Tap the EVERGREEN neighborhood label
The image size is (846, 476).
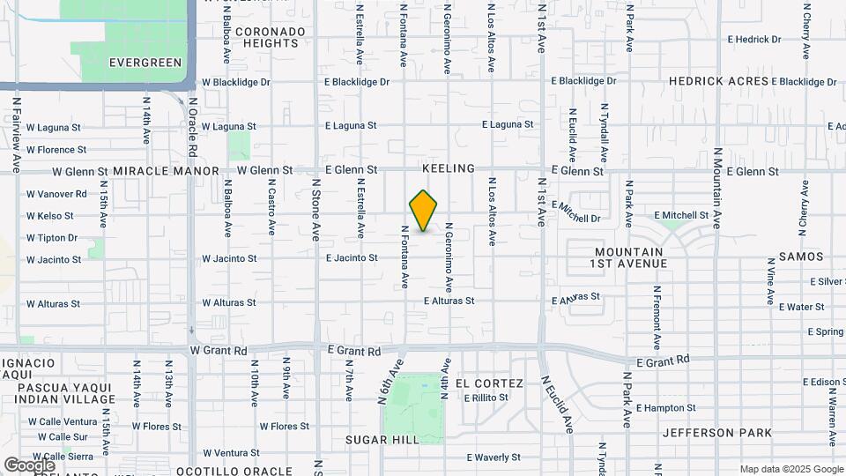pyautogui.click(x=145, y=63)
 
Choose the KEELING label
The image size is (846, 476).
pyautogui.click(x=449, y=168)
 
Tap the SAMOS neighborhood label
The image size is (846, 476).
pyautogui.click(x=801, y=257)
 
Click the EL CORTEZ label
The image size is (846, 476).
pyautogui.click(x=490, y=383)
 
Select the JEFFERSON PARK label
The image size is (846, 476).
pyautogui.click(x=717, y=433)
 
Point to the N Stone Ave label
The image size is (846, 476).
pyautogui.click(x=315, y=211)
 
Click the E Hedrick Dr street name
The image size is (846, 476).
pyautogui.click(x=754, y=40)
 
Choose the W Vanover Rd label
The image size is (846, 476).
pyautogui.click(x=56, y=194)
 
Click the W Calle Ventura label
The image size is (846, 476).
pyautogui.click(x=62, y=421)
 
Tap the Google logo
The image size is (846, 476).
pyautogui.click(x=30, y=465)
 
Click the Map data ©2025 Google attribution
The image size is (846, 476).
pyautogui.click(x=790, y=469)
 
